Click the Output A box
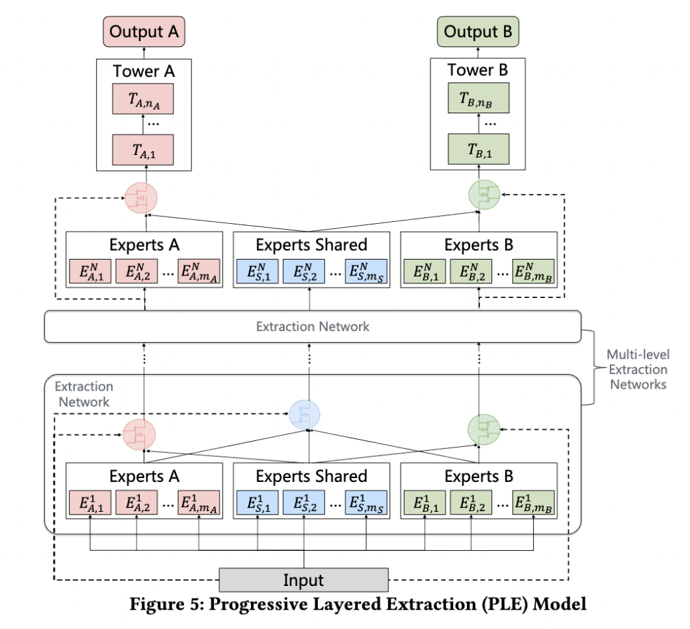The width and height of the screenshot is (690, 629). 144,32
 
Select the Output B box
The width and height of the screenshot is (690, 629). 478,32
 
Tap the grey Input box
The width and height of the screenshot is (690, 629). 304,580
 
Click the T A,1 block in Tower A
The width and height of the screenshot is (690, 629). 143,150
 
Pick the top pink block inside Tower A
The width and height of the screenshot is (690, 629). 143,99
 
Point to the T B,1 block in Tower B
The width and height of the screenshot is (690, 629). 479,149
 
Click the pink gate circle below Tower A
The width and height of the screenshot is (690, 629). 141,198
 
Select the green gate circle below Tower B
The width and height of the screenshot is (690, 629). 484,195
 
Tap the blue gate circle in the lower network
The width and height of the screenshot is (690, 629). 305,414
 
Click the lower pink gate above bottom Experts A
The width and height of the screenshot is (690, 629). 139,434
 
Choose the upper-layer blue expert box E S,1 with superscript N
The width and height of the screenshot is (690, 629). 258,271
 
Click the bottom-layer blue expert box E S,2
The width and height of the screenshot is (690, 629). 304,503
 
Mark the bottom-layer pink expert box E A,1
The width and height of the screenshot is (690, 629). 90,503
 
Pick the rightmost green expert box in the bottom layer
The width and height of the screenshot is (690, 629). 533,503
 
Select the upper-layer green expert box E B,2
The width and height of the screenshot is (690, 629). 471,271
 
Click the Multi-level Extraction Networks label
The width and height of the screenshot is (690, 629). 638,369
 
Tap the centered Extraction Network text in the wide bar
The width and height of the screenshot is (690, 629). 313,326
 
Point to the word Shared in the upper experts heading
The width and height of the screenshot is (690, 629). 340,244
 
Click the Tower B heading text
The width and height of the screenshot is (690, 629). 478,70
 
